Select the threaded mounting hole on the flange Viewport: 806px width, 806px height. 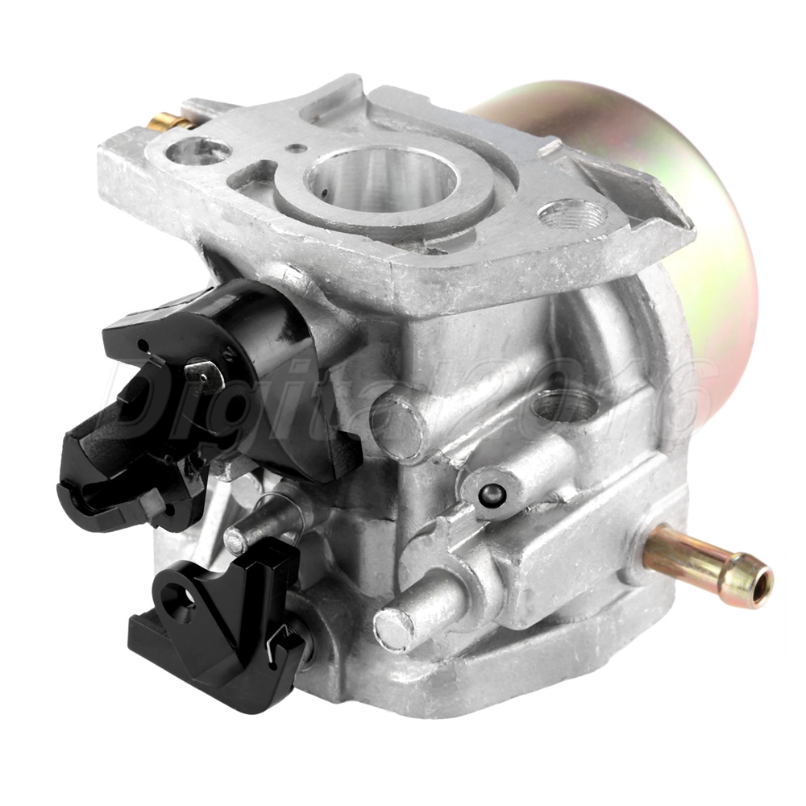point(572,214)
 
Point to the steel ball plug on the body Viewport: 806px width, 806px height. point(491,495)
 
